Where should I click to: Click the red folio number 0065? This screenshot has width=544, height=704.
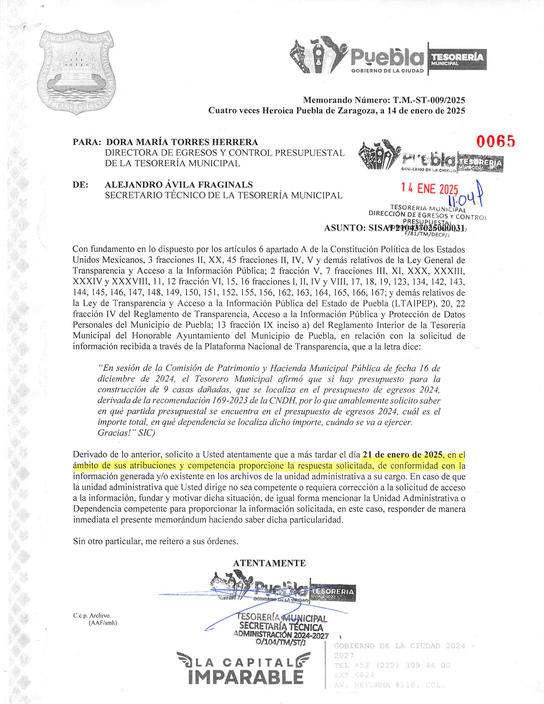pos(496,141)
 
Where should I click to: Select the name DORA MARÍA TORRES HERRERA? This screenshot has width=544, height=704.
pos(182,142)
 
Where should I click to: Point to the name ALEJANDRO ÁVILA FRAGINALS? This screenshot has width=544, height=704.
pos(179,185)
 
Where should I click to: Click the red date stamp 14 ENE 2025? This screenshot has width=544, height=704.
pos(429,188)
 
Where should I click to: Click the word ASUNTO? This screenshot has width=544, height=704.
pos(344,228)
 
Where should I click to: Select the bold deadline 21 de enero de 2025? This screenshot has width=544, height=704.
pos(403,455)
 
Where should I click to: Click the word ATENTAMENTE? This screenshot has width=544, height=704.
pos(269,563)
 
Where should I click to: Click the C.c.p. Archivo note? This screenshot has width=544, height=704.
pos(92,616)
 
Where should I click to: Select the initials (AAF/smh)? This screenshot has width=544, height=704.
pos(103,623)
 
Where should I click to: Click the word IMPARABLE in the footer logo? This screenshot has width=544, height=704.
pos(246,677)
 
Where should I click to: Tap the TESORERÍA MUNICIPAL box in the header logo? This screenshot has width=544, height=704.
pos(457,59)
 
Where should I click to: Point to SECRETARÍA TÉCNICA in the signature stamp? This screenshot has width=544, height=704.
pos(281,627)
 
